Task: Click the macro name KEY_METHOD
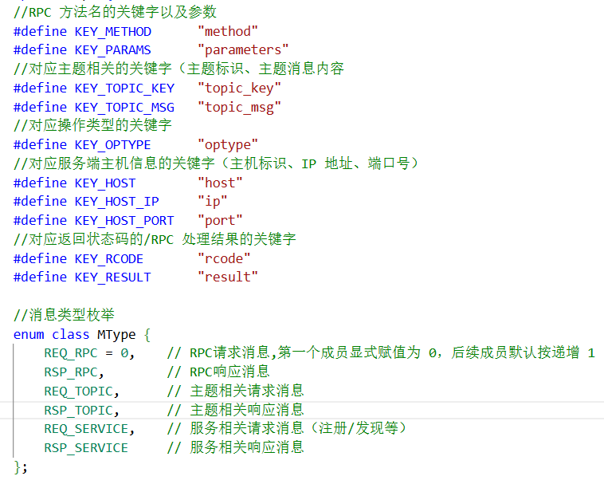pyautogui.click(x=113, y=31)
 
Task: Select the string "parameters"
pyautogui.click(x=243, y=49)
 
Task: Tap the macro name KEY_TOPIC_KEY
pyautogui.click(x=124, y=88)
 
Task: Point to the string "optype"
pyautogui.click(x=228, y=144)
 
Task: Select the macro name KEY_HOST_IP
pyautogui.click(x=116, y=201)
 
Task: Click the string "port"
pyautogui.click(x=220, y=220)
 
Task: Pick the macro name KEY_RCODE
pyautogui.click(x=109, y=258)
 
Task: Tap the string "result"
pyautogui.click(x=228, y=277)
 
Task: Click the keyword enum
pyautogui.click(x=29, y=334)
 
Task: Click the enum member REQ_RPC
pyautogui.click(x=71, y=352)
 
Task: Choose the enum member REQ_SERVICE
pyautogui.click(x=86, y=429)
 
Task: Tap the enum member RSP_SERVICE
pyautogui.click(x=86, y=447)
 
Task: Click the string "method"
pyautogui.click(x=228, y=31)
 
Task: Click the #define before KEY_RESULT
pyautogui.click(x=40, y=277)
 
